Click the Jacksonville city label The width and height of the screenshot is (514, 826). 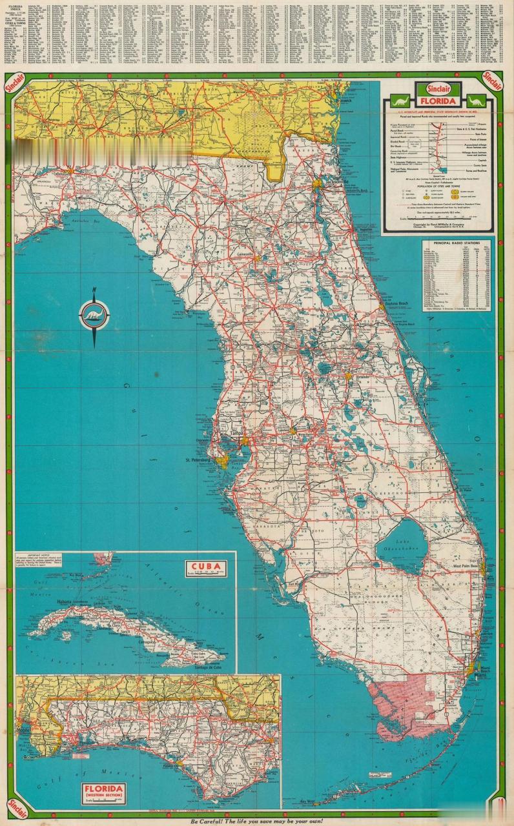(x=336, y=182)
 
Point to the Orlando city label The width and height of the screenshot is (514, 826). (x=360, y=377)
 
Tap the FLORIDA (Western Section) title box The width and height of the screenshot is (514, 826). (x=103, y=792)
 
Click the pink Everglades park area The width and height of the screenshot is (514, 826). (x=400, y=700)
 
